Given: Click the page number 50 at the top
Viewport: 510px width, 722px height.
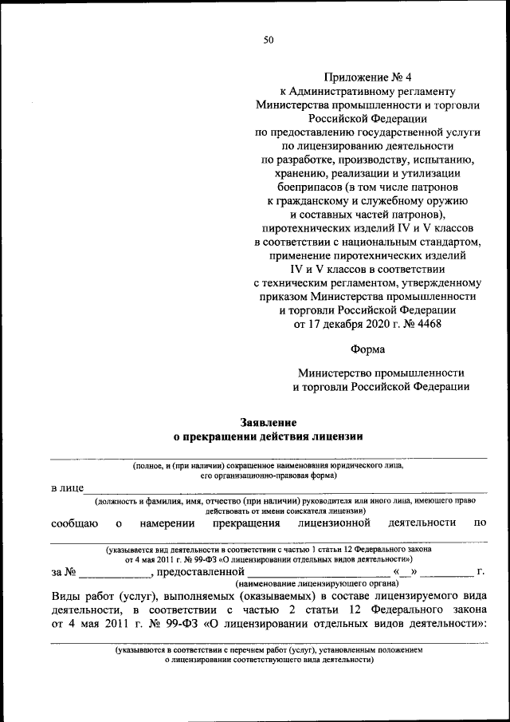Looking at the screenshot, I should [269, 41].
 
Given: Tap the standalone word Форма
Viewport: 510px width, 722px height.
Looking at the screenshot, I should [367, 349].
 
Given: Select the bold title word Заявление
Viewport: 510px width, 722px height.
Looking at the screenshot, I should [269, 422].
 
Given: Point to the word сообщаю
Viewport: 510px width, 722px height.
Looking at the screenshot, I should [74, 523].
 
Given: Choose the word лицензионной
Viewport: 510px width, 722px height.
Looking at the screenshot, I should [334, 523].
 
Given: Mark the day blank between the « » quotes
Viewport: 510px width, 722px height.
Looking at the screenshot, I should [406, 572].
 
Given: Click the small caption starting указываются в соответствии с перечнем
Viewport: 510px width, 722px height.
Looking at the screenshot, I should [269, 650].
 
